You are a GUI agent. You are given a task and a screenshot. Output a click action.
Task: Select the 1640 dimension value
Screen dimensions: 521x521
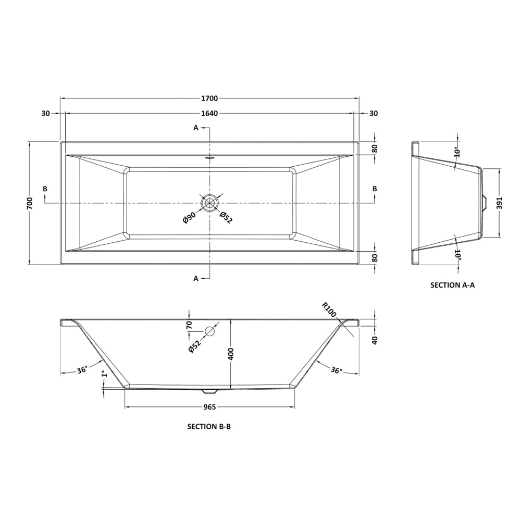pyautogui.click(x=210, y=114)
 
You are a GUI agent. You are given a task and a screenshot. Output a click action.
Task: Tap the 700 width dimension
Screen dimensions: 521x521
pyautogui.click(x=30, y=203)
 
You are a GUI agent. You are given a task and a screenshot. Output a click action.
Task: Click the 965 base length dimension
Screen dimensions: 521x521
pyautogui.click(x=210, y=407)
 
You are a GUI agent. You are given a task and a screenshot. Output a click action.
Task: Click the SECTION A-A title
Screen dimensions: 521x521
pyautogui.click(x=452, y=285)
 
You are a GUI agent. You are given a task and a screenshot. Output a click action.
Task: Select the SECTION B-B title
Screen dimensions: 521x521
pyautogui.click(x=209, y=426)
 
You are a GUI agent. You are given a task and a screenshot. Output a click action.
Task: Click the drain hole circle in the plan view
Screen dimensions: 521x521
pyautogui.click(x=210, y=202)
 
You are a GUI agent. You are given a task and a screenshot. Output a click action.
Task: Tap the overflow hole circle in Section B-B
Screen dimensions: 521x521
pyautogui.click(x=210, y=331)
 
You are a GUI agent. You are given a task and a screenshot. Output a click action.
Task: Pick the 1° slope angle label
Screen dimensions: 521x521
pyautogui.click(x=104, y=375)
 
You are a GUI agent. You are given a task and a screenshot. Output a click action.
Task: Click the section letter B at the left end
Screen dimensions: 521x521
pyautogui.click(x=45, y=188)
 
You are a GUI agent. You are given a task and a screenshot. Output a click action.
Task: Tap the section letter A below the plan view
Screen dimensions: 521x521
pyautogui.click(x=196, y=279)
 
